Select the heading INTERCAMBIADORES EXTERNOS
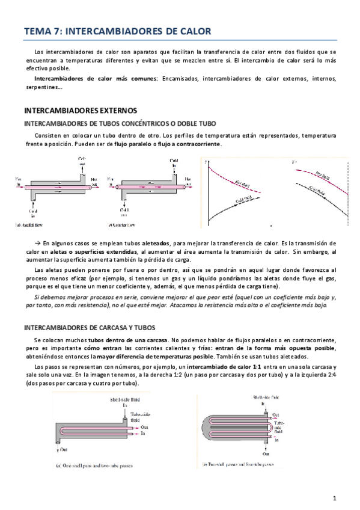(80, 111)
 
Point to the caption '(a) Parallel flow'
(36, 226)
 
